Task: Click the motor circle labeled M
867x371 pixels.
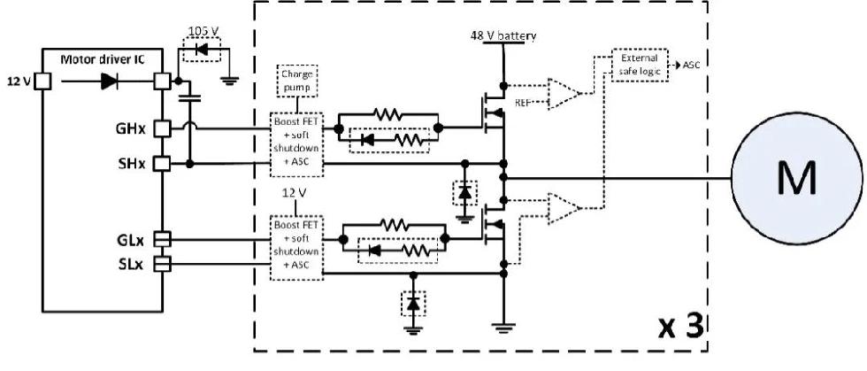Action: coord(798,178)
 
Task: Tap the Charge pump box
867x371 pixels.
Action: coord(297,81)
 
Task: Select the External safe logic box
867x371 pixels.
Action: coord(640,65)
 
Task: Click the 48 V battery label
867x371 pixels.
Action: coord(503,36)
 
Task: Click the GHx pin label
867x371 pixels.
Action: coord(130,129)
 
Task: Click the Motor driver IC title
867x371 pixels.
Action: coord(103,59)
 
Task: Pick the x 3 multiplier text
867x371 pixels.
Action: coord(681,328)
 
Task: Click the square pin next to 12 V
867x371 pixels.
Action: coord(42,82)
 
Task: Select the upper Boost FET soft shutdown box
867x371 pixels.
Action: coord(296,144)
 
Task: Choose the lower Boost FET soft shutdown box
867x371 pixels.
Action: coord(296,248)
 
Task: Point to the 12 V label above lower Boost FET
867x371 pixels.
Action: coord(294,194)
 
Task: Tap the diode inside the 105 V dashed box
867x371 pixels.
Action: coord(202,50)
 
